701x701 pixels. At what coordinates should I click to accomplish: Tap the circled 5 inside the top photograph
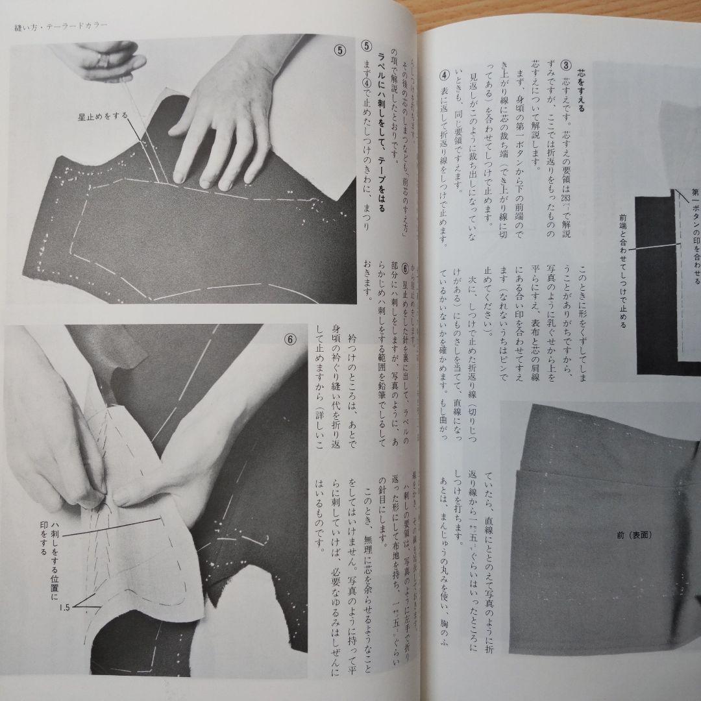coord(339,50)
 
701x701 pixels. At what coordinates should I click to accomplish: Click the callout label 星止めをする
coord(103,117)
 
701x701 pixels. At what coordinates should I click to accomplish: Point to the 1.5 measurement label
coord(65,608)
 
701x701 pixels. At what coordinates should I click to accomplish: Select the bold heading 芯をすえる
coord(581,91)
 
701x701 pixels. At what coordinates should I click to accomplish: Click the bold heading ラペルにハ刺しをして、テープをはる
coord(383,136)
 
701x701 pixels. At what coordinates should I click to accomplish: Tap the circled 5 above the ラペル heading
coord(366,47)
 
